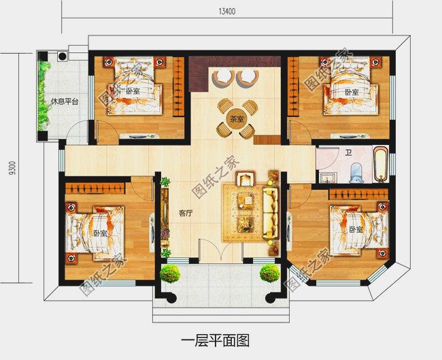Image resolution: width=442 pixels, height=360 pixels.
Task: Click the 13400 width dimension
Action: pos(227,10)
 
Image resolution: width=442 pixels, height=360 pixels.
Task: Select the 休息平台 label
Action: pos(65,103)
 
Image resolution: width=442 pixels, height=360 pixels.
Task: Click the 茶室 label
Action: pos(236,119)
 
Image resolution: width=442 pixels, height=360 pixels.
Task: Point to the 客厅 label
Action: pos(186,213)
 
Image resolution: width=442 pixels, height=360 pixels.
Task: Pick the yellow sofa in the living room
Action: pos(271,211)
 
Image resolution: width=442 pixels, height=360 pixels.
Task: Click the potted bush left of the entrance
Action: pos(170,274)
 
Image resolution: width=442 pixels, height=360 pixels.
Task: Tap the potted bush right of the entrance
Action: pos(269,274)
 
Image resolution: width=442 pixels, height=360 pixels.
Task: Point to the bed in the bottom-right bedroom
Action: pos(357,229)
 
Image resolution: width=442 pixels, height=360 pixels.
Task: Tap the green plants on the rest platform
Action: pos(46,95)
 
